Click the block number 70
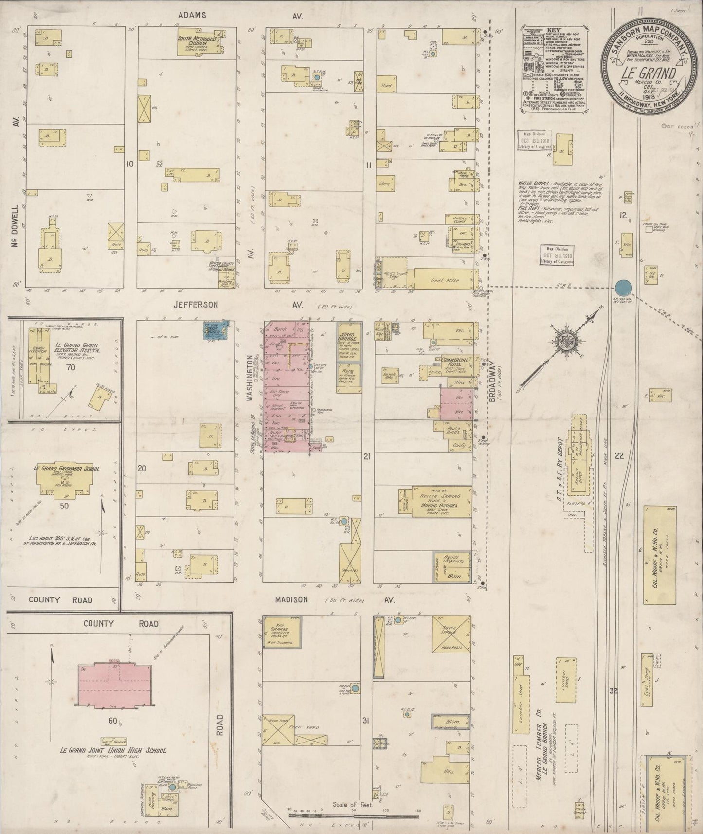(x=71, y=367)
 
